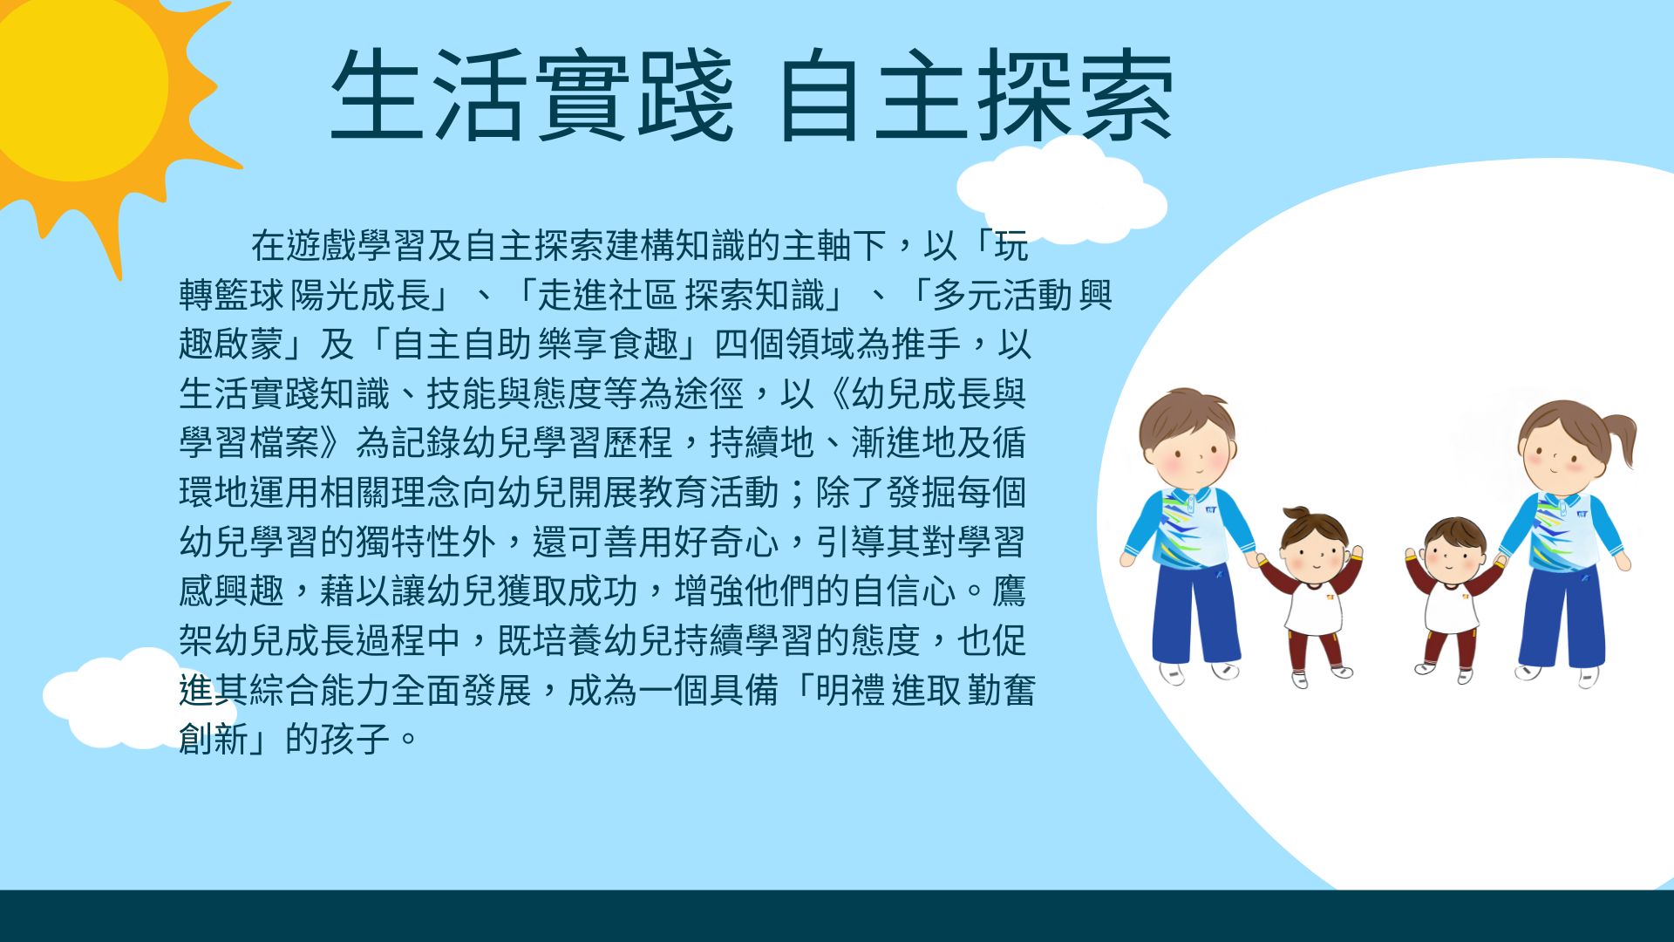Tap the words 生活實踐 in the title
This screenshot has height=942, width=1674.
[532, 95]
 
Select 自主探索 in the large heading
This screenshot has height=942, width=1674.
[976, 95]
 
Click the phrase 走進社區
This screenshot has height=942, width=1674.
[607, 296]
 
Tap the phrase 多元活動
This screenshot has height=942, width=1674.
[1003, 296]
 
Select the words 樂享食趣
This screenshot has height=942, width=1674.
[609, 345]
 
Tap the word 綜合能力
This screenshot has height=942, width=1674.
[320, 691]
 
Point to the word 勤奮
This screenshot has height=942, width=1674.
[1001, 691]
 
